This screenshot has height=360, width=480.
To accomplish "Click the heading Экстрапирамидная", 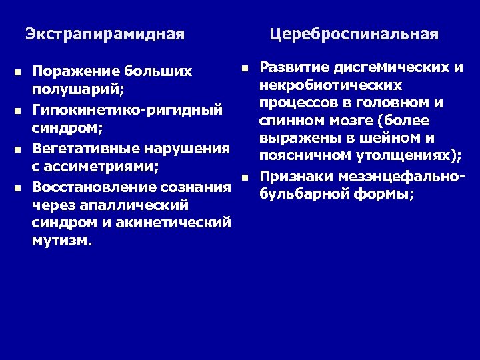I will click(104, 33).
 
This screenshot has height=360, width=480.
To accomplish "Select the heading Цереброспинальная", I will click(354, 33).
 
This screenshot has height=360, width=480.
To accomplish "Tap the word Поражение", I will click(74, 71).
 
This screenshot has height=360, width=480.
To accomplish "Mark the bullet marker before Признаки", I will click(245, 177).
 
